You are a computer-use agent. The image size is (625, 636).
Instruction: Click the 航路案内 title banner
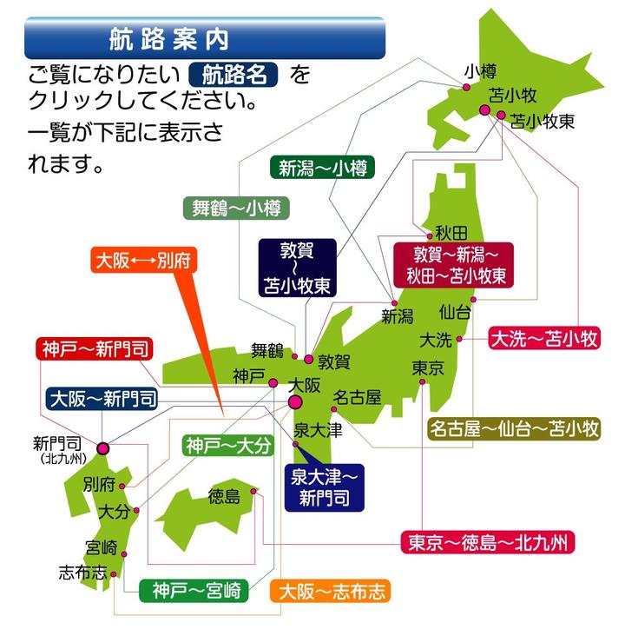click(x=204, y=39)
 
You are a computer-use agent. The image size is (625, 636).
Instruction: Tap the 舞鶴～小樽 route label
click(x=235, y=208)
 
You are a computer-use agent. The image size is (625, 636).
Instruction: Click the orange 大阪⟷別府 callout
click(x=146, y=260)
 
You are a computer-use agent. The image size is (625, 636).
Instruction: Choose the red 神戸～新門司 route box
click(x=95, y=350)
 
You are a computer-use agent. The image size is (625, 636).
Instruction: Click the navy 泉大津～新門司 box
click(x=324, y=486)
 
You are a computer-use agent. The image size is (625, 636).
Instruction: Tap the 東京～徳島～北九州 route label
click(x=487, y=543)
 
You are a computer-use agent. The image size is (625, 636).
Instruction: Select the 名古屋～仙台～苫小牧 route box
click(x=515, y=428)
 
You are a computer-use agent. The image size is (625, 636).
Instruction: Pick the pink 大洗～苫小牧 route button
click(x=544, y=337)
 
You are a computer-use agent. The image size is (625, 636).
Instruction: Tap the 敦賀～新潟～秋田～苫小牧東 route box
click(x=451, y=265)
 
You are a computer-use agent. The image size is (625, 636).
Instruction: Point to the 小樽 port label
click(x=478, y=71)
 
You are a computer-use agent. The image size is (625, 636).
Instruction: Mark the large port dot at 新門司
click(x=103, y=448)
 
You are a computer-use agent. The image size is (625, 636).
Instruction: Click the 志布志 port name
click(x=82, y=573)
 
